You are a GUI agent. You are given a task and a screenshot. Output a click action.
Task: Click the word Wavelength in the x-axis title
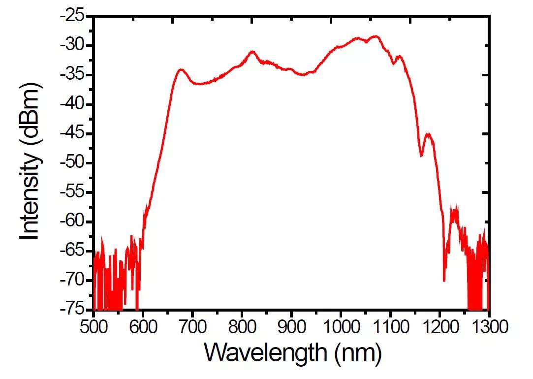264,353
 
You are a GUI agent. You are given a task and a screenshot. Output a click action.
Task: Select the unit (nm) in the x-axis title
355,353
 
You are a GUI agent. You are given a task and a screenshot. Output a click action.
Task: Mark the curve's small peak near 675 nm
181,69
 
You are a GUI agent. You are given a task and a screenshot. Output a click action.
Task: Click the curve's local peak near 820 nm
252,51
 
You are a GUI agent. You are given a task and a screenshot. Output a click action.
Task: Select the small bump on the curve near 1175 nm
428,134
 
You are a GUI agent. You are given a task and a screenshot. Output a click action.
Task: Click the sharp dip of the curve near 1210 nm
444,281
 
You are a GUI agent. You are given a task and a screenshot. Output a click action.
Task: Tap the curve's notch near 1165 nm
421,156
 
